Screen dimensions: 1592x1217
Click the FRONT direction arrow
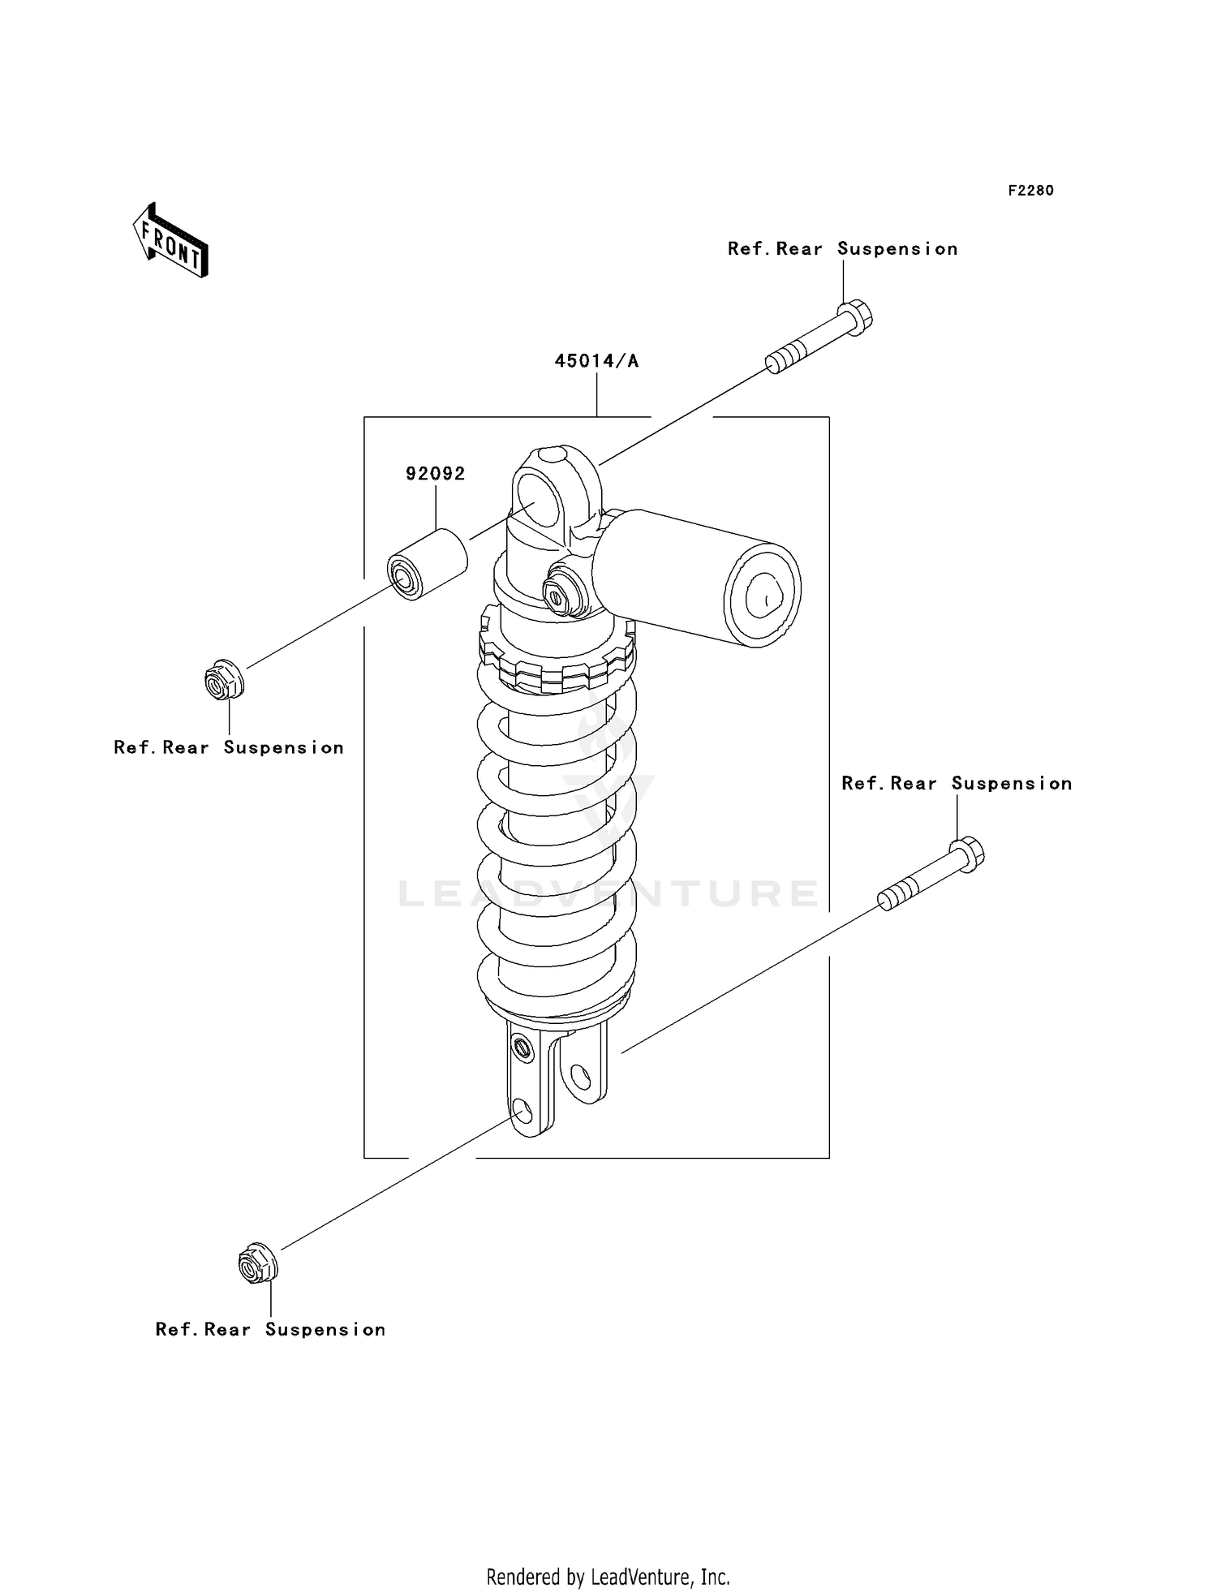coord(171,241)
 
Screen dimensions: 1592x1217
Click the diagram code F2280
coord(1030,191)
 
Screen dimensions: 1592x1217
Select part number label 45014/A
coord(596,361)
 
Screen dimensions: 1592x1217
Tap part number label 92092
coord(436,474)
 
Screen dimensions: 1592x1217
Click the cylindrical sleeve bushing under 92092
coord(427,565)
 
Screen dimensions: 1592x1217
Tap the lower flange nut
coord(258,1263)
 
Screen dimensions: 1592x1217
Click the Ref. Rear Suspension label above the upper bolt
coord(842,249)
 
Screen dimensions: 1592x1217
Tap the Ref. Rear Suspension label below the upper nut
coord(229,748)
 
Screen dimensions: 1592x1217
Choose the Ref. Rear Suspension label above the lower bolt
coord(957,784)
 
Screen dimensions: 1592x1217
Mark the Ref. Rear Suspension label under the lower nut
coord(270,1330)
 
